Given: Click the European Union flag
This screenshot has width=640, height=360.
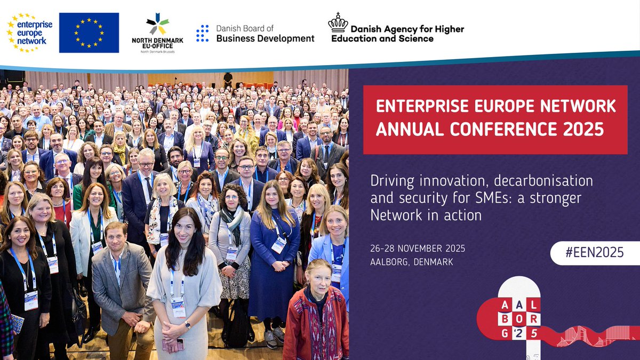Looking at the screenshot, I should pyautogui.click(x=89, y=33).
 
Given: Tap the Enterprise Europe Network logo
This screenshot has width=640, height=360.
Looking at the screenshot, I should pyautogui.click(x=27, y=33).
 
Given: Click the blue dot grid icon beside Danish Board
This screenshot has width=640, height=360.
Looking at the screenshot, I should pyautogui.click(x=202, y=33).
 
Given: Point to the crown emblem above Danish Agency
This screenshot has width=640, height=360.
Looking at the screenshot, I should pyautogui.click(x=338, y=22).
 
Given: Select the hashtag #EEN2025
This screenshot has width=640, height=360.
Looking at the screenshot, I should pyautogui.click(x=594, y=252).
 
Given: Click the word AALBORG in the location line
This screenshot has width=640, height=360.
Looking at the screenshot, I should pyautogui.click(x=392, y=262).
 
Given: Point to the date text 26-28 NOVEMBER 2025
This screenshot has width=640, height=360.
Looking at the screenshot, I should pyautogui.click(x=418, y=249).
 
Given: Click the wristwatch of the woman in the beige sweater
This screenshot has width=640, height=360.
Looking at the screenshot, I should pyautogui.click(x=188, y=324).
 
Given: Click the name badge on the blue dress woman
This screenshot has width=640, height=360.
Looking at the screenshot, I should pyautogui.click(x=278, y=244).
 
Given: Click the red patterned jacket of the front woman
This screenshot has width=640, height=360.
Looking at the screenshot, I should pyautogui.click(x=315, y=325).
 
